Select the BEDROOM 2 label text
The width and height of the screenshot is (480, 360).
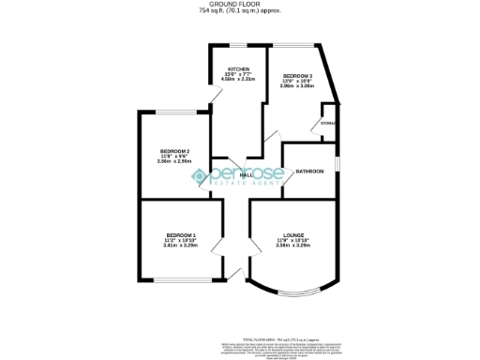pos(174,151)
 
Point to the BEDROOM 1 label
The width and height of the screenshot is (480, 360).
pos(181,234)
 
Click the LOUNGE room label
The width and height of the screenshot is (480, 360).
pos(293,234)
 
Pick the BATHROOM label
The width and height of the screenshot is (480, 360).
pos(309,172)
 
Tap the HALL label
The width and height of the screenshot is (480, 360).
pos(247,175)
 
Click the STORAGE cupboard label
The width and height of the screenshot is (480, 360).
pos(328,124)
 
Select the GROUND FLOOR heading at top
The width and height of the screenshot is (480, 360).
pos(240,5)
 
